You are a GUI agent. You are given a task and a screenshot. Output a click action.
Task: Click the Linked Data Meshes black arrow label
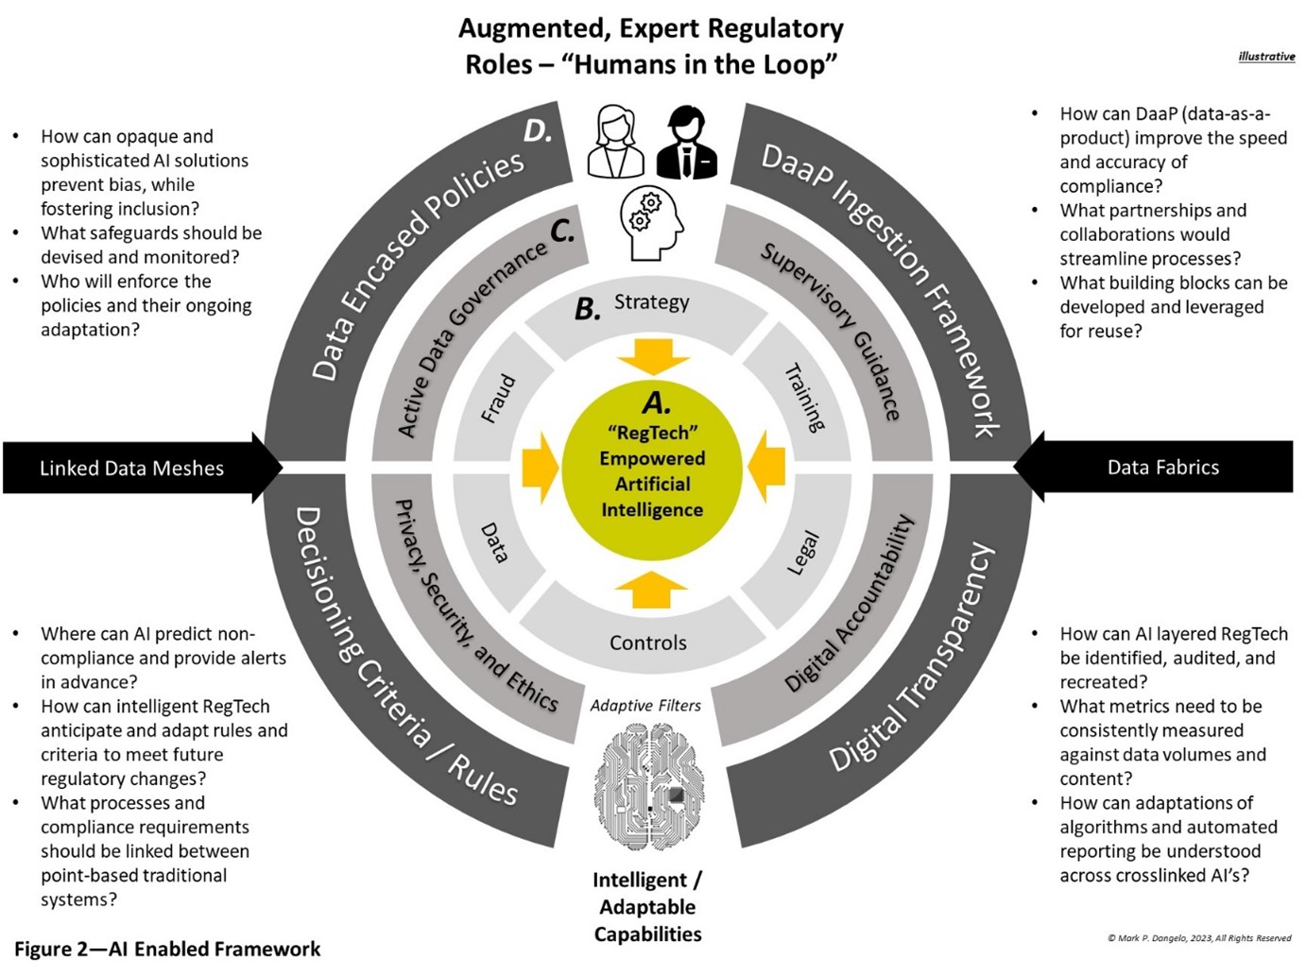tap(132, 468)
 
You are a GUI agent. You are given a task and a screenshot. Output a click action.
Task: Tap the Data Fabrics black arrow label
tap(1162, 467)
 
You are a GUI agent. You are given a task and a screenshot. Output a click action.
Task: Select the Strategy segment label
tap(652, 302)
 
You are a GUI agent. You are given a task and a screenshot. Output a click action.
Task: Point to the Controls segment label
tap(648, 642)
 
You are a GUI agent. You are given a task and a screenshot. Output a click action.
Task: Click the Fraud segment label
tap(498, 399)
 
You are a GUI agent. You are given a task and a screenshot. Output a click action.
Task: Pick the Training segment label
tap(805, 398)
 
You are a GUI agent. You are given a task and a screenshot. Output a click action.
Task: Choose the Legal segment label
tap(803, 554)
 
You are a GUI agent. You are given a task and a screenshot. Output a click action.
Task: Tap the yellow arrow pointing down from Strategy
tap(653, 356)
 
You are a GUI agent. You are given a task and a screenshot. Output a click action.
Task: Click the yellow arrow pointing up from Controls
tap(651, 589)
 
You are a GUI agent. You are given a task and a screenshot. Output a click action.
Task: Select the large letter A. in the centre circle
tap(656, 403)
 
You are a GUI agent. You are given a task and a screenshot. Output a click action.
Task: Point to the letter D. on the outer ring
tap(538, 131)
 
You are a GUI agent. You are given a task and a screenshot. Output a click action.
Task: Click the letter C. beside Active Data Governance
tap(562, 231)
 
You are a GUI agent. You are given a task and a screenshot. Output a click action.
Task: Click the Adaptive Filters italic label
tap(645, 706)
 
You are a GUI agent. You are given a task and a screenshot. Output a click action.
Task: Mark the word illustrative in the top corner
tap(1266, 57)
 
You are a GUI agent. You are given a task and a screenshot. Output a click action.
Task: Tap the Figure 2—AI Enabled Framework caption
tap(167, 949)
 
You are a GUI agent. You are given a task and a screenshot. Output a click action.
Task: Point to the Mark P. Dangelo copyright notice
tap(1199, 938)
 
